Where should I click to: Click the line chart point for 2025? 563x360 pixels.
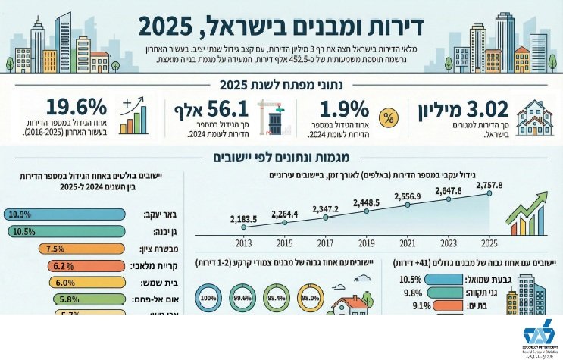(489, 194)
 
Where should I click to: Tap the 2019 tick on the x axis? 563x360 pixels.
(366, 243)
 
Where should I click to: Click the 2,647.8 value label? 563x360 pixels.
(449, 191)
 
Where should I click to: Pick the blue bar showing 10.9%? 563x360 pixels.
(65, 214)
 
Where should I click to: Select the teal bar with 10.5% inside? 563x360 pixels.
(64, 231)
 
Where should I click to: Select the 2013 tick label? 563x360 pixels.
(244, 243)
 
